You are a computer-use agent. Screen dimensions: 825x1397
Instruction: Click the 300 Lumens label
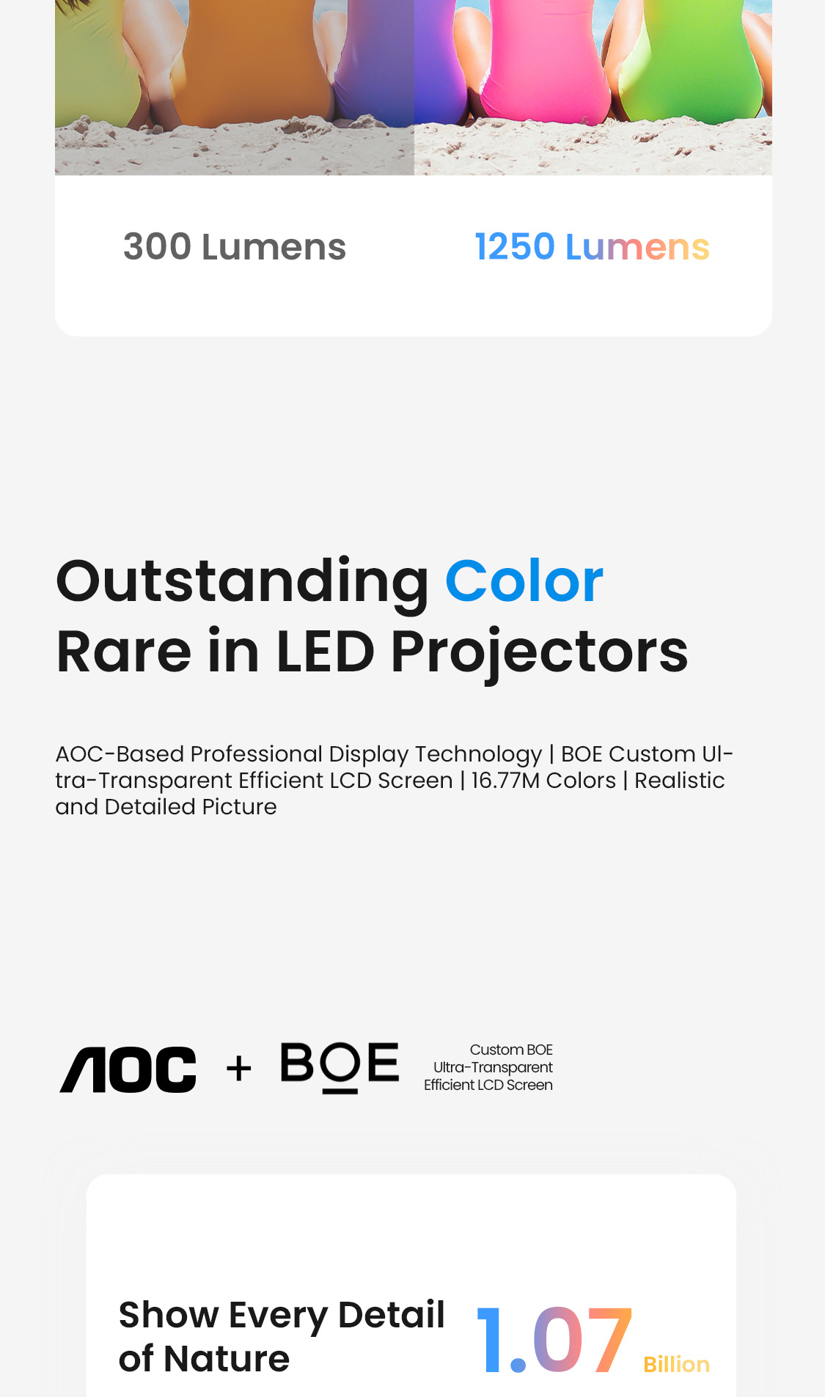[x=235, y=247]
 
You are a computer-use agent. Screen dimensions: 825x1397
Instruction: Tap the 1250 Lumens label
[x=592, y=247]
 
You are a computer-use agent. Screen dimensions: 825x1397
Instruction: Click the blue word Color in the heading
[x=524, y=581]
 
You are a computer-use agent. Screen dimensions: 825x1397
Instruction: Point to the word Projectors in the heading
[x=540, y=652]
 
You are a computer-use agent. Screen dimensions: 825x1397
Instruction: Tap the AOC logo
[x=128, y=1069]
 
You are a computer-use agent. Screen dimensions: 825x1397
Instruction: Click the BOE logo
[x=340, y=1068]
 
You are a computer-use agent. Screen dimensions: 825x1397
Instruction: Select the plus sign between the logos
[x=239, y=1069]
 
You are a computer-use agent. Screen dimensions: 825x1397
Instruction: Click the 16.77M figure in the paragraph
[x=505, y=781]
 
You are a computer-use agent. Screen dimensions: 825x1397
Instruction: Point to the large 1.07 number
[x=554, y=1339]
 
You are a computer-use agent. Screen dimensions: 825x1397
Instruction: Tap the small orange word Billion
[x=676, y=1364]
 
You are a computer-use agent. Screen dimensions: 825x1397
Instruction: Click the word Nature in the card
[x=227, y=1359]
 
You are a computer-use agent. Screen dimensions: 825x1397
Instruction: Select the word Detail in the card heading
[x=392, y=1314]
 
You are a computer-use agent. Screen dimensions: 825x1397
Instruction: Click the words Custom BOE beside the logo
[x=511, y=1050]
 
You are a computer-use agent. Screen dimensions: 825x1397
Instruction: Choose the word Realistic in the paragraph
[x=679, y=781]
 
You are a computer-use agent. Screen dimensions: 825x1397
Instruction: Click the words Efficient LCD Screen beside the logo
[x=488, y=1085]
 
